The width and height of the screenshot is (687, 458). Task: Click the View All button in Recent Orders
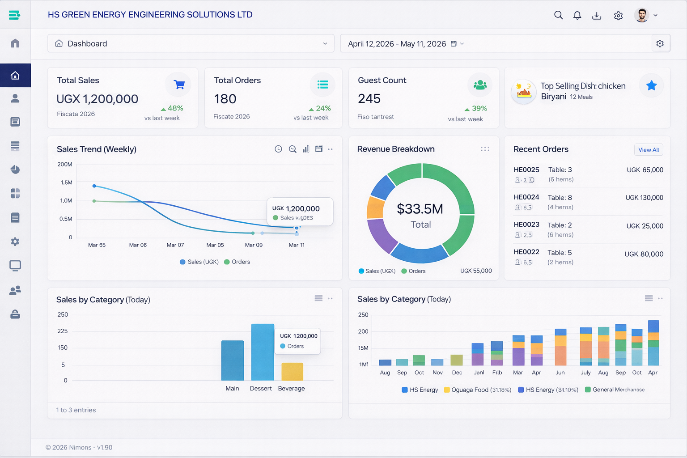point(648,150)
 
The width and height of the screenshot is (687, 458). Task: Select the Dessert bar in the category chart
point(263,352)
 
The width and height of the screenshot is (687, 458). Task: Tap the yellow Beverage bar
point(292,372)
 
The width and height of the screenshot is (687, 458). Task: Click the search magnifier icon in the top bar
point(558,15)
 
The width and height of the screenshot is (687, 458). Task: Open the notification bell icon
point(577,15)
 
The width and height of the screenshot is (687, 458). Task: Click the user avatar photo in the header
point(641,15)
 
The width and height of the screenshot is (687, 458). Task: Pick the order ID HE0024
point(526,197)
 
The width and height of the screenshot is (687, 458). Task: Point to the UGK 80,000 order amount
point(644,254)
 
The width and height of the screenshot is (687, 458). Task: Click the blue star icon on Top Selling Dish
point(651,85)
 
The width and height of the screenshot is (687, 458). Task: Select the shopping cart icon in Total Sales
point(179,85)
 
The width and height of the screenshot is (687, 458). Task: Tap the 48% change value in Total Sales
point(175,108)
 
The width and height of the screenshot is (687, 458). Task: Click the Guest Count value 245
point(369,99)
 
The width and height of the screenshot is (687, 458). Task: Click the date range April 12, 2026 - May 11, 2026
point(397,44)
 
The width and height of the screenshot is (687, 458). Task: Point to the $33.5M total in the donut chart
point(420,209)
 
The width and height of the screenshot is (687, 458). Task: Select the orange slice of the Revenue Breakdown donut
point(375,208)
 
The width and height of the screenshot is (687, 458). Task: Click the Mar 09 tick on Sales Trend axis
point(254,245)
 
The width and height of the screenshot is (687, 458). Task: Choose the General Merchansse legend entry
point(618,390)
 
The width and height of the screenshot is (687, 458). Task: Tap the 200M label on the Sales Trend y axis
point(64,165)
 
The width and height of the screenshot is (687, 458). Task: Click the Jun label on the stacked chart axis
point(560,373)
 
